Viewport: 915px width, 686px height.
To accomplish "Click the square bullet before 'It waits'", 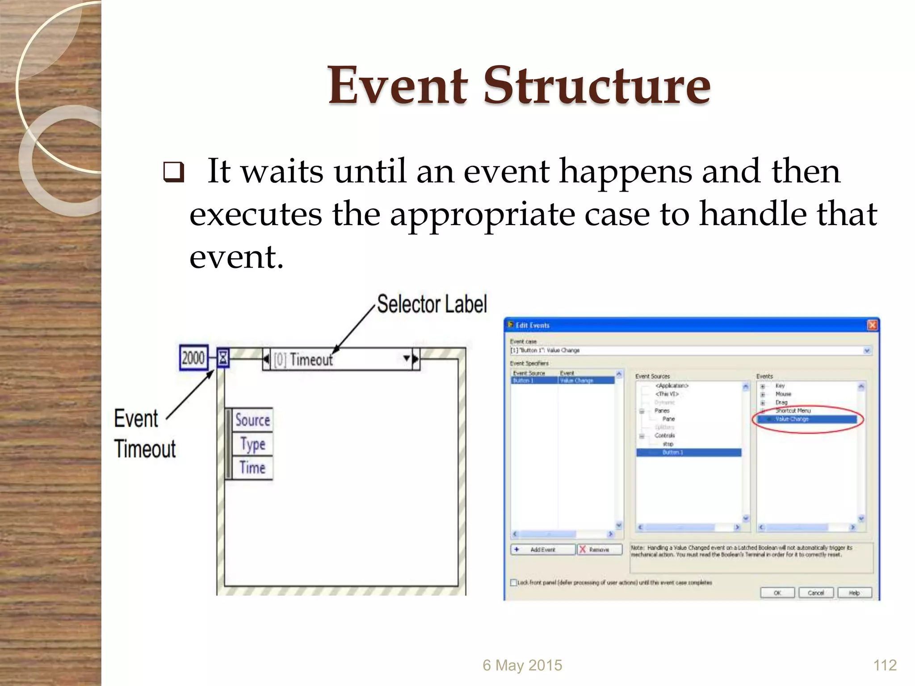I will pyautogui.click(x=173, y=172).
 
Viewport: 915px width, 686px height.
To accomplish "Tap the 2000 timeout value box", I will pyautogui.click(x=193, y=358).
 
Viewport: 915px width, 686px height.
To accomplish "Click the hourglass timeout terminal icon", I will pyautogui.click(x=223, y=358).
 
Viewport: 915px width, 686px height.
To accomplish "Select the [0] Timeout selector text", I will pyautogui.click(x=303, y=360).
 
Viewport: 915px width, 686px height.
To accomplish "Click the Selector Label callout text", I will pyautogui.click(x=432, y=305).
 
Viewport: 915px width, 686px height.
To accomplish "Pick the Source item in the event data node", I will pyautogui.click(x=252, y=420).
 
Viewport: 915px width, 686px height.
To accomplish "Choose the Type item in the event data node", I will pyautogui.click(x=252, y=444).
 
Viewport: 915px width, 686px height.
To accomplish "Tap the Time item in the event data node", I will pyautogui.click(x=252, y=468).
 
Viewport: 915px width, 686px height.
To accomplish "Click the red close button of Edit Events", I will pyautogui.click(x=872, y=325).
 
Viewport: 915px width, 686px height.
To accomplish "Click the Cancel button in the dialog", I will pyautogui.click(x=816, y=593).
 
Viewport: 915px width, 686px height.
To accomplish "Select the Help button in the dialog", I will pyautogui.click(x=854, y=593).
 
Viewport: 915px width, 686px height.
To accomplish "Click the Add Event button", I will pyautogui.click(x=542, y=549).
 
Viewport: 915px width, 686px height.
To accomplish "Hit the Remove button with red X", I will pyautogui.click(x=599, y=549).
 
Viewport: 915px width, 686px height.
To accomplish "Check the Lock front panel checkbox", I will pyautogui.click(x=514, y=582).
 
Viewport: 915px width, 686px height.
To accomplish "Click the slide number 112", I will pyautogui.click(x=885, y=665).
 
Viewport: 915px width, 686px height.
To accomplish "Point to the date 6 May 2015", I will pyautogui.click(x=522, y=665).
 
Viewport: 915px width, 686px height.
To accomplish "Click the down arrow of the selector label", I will pyautogui.click(x=406, y=358).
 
